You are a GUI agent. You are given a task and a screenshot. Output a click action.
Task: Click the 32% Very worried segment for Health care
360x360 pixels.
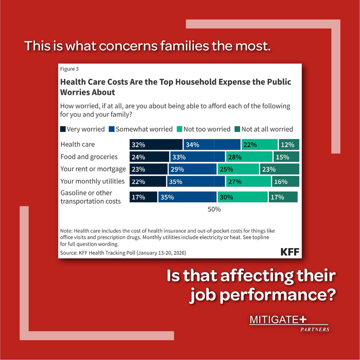(x=156, y=145)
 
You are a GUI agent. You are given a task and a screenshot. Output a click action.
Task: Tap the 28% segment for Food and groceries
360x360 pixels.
(x=249, y=157)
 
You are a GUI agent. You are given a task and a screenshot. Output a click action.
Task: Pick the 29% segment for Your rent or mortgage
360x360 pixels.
(x=192, y=169)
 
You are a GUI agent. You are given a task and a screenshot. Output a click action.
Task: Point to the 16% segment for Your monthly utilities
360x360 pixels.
(x=286, y=181)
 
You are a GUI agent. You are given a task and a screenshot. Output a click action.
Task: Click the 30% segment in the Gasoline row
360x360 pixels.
(x=242, y=197)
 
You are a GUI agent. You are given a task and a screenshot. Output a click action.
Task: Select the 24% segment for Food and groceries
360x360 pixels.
(x=149, y=157)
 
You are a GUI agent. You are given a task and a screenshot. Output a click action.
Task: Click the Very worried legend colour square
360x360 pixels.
(x=63, y=129)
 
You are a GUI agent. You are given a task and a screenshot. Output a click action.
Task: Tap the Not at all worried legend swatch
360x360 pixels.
(x=237, y=129)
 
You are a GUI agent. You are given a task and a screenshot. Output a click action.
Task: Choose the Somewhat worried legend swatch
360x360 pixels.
(x=112, y=129)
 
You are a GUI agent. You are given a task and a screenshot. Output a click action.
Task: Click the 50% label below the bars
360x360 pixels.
(x=214, y=209)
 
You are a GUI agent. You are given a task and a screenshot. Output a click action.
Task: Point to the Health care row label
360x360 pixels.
(x=77, y=144)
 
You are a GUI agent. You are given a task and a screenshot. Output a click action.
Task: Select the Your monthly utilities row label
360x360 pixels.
(x=92, y=181)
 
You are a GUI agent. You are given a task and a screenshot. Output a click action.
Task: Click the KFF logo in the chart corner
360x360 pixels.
(x=290, y=252)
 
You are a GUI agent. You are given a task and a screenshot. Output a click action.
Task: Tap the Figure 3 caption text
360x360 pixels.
(x=69, y=69)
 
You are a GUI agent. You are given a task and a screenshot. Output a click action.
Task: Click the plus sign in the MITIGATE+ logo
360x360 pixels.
(x=303, y=319)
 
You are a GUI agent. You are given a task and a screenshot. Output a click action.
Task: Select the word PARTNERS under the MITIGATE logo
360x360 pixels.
(x=315, y=329)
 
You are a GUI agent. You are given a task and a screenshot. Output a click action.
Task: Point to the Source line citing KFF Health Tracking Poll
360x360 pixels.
(x=123, y=253)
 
